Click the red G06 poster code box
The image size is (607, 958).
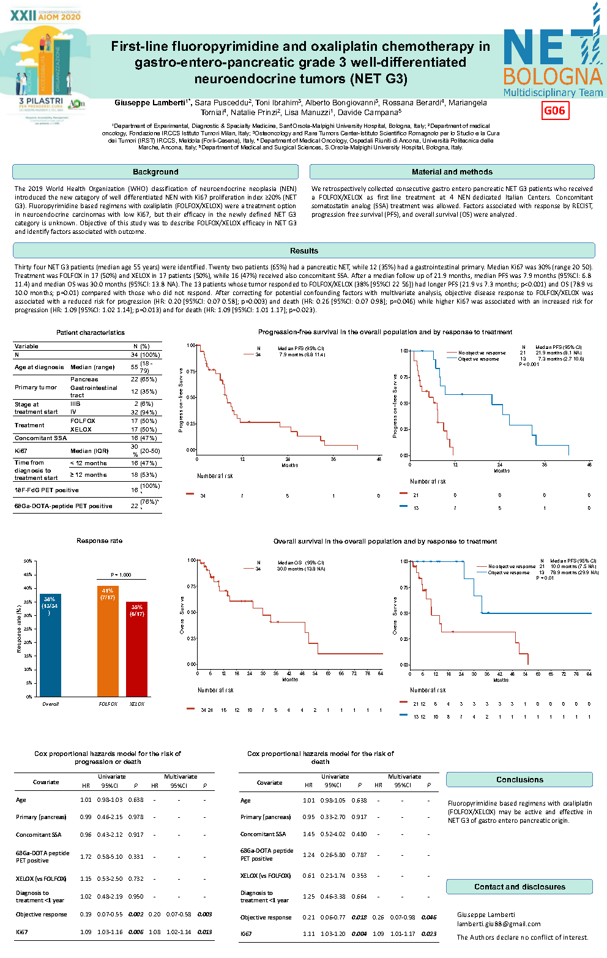[555, 111]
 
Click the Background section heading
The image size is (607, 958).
[155, 172]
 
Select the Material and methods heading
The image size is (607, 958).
[452, 172]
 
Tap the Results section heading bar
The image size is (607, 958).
[304, 251]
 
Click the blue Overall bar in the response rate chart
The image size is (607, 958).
[50, 646]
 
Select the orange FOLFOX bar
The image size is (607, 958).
[108, 642]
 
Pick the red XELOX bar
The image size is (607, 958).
[137, 649]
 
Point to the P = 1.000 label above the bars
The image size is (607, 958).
[121, 575]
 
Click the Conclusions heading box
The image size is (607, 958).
[519, 780]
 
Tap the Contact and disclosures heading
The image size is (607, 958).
[519, 887]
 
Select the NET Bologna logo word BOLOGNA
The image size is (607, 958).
[553, 77]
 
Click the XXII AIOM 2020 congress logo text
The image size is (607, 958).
[45, 16]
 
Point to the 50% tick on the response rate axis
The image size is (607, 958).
[28, 561]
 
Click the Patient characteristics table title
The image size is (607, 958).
[91, 333]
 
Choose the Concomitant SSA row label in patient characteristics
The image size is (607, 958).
[41, 438]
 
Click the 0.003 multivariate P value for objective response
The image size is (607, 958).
[204, 915]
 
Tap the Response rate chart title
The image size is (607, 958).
[99, 541]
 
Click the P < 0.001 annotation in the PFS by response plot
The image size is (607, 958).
[529, 364]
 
